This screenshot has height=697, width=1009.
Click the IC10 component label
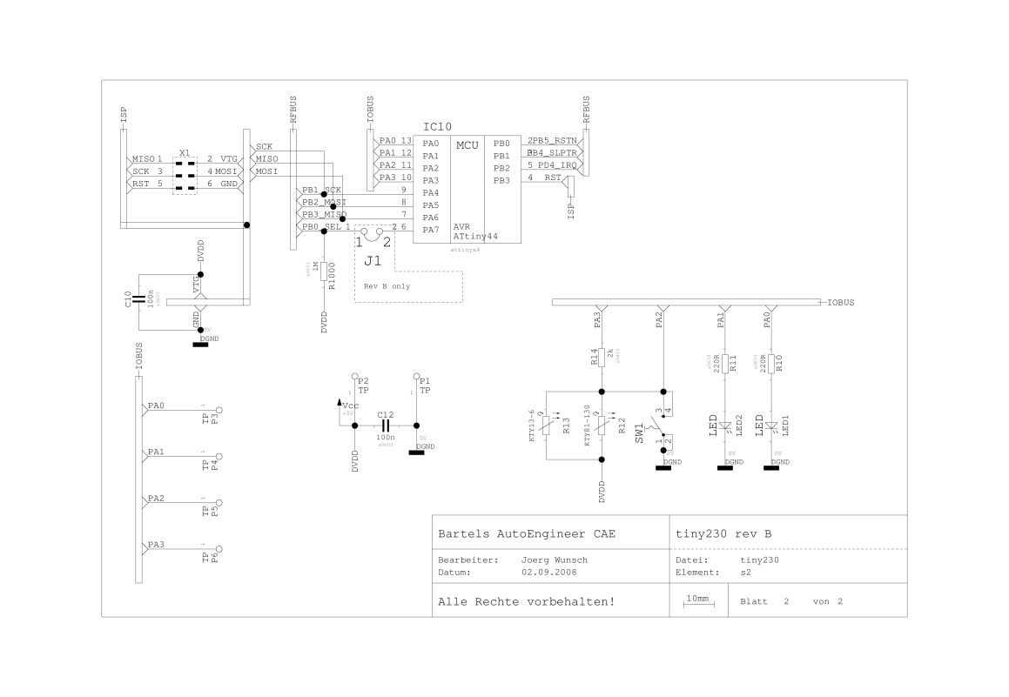[x=437, y=127]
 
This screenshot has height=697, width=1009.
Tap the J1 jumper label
[x=372, y=260]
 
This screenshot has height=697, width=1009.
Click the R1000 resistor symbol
[x=325, y=271]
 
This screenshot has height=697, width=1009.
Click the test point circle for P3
[x=220, y=410]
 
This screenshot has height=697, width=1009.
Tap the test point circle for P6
[x=220, y=549]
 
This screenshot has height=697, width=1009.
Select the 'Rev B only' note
[x=387, y=285]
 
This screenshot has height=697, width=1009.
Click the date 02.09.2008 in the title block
[x=548, y=573]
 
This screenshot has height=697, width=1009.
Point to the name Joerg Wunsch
[x=555, y=560]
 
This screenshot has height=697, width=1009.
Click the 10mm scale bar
[x=698, y=601]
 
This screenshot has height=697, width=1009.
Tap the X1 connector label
[x=185, y=152]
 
